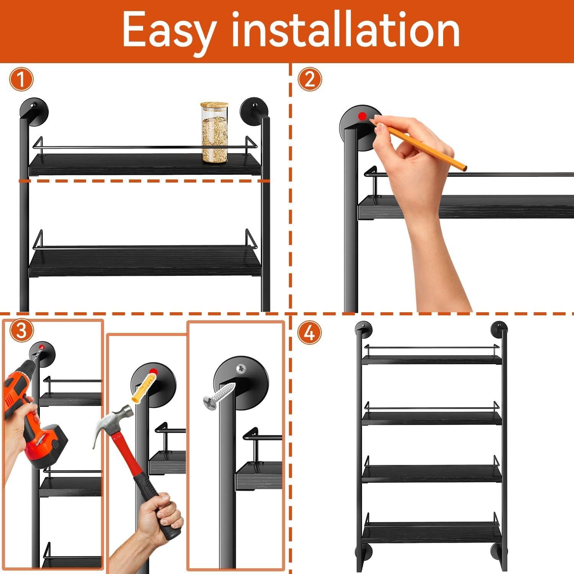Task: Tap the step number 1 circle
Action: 21,80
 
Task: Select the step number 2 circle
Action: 310,80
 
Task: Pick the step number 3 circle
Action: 21,331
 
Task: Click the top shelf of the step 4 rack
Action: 432,359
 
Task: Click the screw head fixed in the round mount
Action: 241,368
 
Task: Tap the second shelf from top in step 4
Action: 432,418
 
